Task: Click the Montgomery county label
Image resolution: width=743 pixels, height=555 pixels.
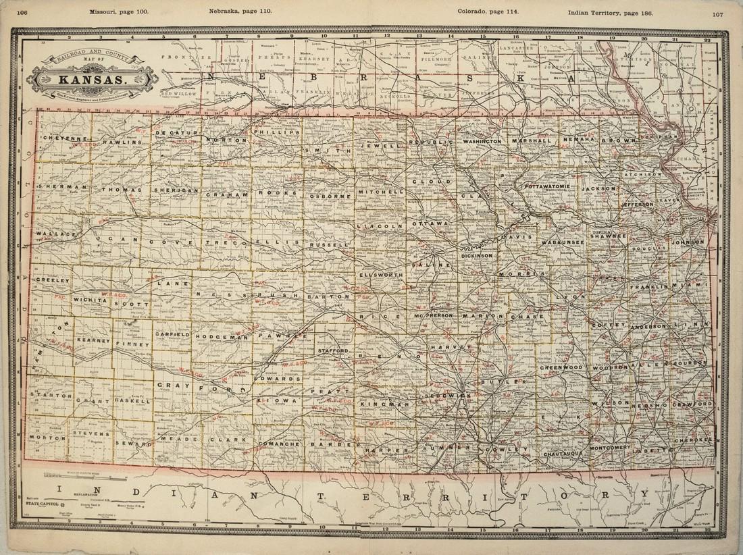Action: [610, 448]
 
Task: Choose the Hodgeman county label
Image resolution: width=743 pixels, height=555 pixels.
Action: [215, 336]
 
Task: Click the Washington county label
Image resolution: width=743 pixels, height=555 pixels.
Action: [482, 142]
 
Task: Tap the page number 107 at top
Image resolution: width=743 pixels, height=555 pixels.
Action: [718, 15]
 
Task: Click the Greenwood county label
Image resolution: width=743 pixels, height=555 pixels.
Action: [561, 367]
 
